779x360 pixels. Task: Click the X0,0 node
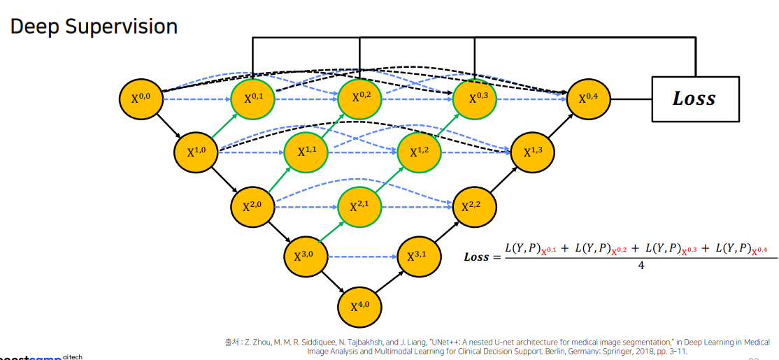coord(141,99)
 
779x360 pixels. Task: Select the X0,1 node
coord(253,99)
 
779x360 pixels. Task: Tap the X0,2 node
coord(359,99)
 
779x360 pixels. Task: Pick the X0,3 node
coord(475,99)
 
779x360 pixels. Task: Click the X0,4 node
coord(588,99)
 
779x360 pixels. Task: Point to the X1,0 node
coord(196,152)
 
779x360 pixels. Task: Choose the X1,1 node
coord(306,152)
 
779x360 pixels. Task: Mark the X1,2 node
coord(419,152)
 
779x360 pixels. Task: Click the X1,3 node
coord(532,152)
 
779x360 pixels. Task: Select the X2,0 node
coord(252,206)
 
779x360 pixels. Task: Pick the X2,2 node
coord(475,206)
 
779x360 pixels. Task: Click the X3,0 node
coord(306,257)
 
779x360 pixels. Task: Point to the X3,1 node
coord(419,257)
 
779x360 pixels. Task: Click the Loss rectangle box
coord(694,99)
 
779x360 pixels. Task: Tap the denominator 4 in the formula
coord(641,266)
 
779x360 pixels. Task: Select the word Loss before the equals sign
coord(477,257)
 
